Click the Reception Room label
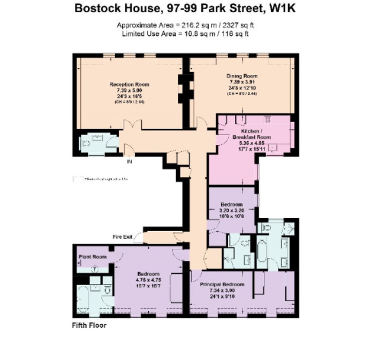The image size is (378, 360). point(129,85)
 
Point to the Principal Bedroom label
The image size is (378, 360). point(222,284)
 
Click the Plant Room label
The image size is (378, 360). point(93,257)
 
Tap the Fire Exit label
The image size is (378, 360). point(122,236)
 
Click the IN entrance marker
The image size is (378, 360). point(128,160)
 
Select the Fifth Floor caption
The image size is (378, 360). point(89,325)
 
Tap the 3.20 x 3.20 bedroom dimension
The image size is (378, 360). point(232,211)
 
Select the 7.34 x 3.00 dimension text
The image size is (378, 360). point(222,290)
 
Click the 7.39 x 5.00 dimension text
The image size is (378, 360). point(129,90)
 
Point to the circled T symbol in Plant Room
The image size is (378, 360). point(95,270)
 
